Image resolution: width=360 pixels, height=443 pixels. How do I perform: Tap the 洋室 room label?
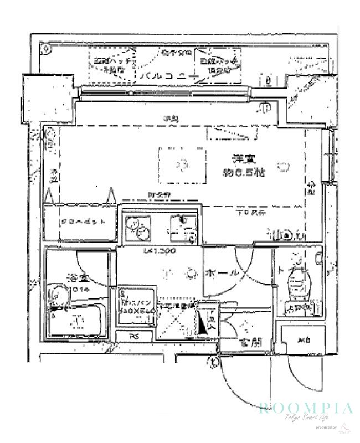[x=239, y=158]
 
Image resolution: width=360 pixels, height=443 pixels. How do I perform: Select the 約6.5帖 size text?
[x=244, y=172]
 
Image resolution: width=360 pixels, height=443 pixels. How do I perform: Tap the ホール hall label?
[x=222, y=273]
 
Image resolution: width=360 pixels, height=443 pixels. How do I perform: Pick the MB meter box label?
[x=302, y=339]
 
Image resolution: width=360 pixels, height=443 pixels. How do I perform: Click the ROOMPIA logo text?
[x=305, y=409]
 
